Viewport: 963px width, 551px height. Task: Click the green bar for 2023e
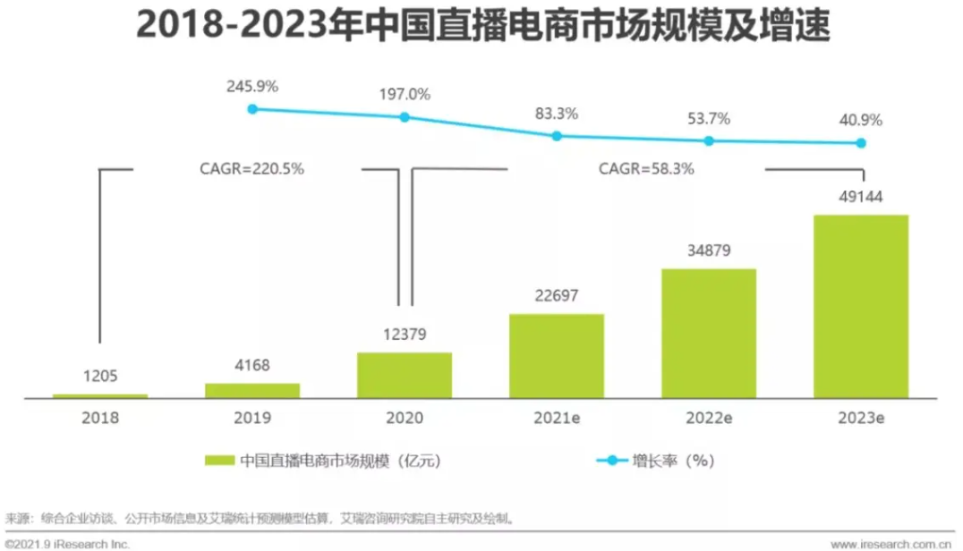[x=860, y=306]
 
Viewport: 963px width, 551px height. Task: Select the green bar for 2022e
[x=708, y=333]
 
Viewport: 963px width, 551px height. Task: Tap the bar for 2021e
[x=556, y=355]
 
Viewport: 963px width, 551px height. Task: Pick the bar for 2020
[x=404, y=375]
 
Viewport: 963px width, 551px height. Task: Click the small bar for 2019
[x=251, y=390]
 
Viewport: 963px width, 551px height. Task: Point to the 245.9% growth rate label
[x=251, y=87]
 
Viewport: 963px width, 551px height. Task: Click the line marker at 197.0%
[x=405, y=117]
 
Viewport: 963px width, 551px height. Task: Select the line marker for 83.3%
[x=557, y=136]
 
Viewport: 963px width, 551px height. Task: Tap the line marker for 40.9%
[x=861, y=143]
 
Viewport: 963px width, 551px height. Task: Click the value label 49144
[x=860, y=197]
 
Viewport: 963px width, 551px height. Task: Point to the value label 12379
[x=404, y=335]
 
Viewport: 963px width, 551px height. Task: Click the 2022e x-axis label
[x=708, y=418]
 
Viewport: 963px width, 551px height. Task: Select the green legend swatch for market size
[x=219, y=461]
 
